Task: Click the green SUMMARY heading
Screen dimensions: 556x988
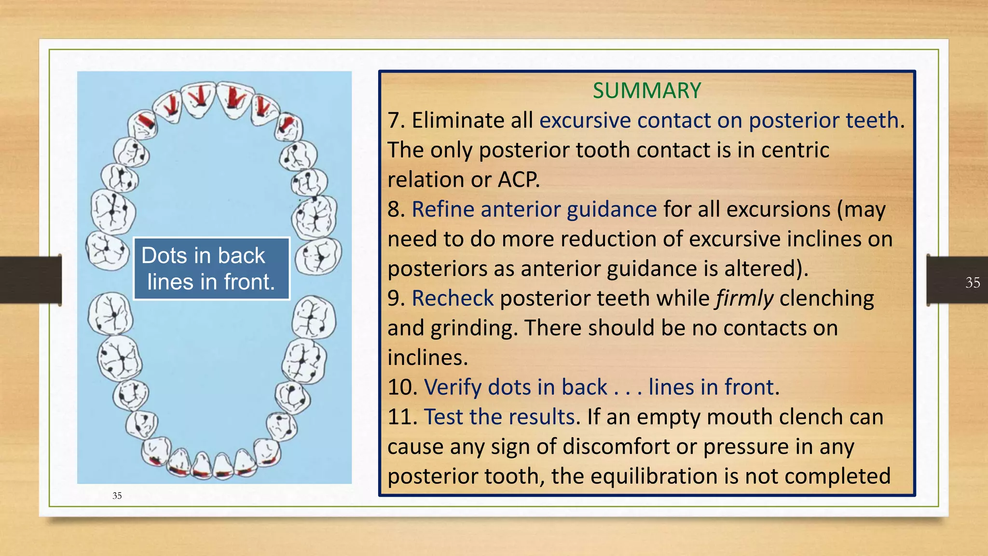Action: [x=646, y=91]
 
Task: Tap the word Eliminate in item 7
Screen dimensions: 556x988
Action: [x=472, y=120]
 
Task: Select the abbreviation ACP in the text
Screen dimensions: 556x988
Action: [x=518, y=180]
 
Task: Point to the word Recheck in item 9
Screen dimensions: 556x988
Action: [x=453, y=298]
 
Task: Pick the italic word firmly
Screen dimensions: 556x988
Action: [x=744, y=298]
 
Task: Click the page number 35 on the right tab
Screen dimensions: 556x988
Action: [x=973, y=282]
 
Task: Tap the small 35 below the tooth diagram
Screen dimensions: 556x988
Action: [x=117, y=496]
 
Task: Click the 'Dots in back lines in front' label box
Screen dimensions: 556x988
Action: [x=211, y=268]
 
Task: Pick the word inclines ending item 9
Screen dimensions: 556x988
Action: [x=427, y=358]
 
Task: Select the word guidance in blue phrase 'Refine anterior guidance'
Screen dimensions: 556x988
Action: [x=611, y=209]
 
